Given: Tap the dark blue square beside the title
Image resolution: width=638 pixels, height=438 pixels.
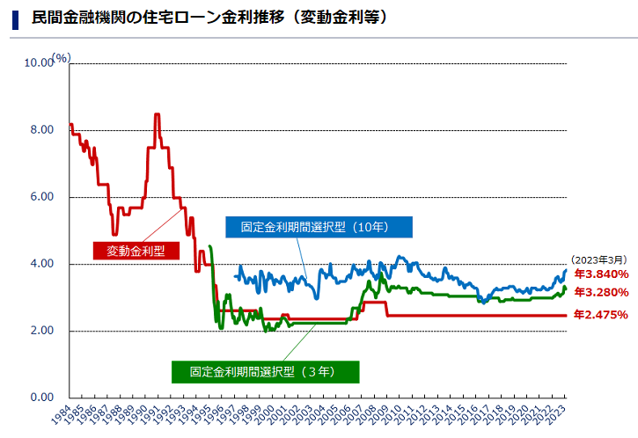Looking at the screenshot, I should tap(15, 18).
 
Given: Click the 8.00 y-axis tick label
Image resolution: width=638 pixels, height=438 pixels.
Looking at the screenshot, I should tap(40, 130).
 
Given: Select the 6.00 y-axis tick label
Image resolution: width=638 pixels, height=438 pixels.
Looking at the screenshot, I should tap(40, 197).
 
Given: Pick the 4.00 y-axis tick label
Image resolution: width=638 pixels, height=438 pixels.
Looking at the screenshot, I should tap(40, 264).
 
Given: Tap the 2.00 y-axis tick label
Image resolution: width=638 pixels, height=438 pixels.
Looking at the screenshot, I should tap(40, 331).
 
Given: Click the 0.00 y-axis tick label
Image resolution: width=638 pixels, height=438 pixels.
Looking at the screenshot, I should tap(40, 398).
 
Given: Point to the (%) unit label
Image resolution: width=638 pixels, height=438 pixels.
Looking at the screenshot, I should tap(61, 57).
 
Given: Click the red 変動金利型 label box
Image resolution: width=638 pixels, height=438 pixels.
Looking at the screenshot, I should tap(136, 251).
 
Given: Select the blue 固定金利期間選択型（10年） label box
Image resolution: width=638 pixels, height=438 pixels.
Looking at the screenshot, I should tap(319, 227).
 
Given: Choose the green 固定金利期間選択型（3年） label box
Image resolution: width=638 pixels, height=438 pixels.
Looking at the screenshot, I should tap(265, 372).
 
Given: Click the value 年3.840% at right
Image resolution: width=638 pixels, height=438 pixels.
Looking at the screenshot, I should tap(600, 274).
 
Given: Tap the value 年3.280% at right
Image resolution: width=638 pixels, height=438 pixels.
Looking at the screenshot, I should tap(600, 292).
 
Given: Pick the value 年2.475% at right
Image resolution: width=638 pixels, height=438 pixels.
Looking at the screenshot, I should tap(600, 315).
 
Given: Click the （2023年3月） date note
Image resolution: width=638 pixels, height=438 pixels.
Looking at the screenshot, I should tap(598, 259).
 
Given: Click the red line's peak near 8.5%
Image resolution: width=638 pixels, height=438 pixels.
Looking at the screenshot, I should tap(157, 114).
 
